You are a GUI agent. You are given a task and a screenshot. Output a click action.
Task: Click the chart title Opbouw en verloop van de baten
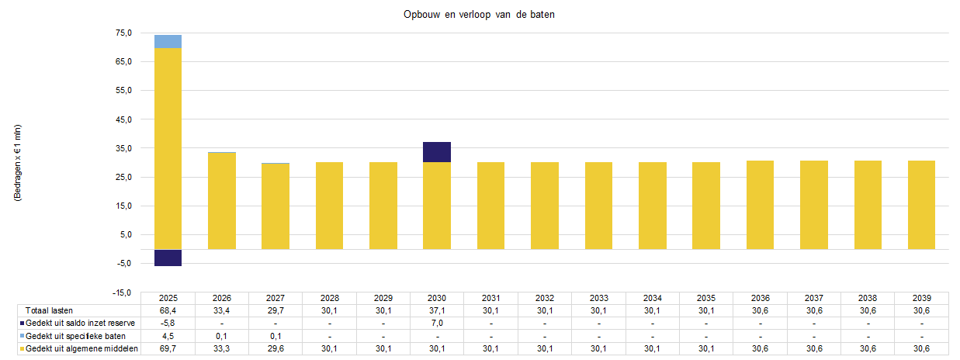(x=480, y=15)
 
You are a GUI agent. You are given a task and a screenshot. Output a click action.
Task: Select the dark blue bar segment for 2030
(x=437, y=152)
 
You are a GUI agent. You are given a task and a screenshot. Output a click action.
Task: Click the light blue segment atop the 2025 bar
(x=168, y=41)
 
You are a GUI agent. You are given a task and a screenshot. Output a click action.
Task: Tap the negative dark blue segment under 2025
(x=168, y=258)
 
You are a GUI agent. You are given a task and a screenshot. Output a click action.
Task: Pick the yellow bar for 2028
(x=329, y=206)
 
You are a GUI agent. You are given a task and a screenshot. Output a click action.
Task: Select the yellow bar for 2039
(x=921, y=205)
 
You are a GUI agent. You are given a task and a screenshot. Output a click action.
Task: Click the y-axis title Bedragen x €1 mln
(x=18, y=163)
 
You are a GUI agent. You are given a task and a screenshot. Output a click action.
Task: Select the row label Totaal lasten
(x=50, y=310)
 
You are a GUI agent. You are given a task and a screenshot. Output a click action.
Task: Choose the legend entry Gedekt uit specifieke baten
(x=76, y=336)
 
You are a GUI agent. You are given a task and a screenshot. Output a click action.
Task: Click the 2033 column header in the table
(x=598, y=298)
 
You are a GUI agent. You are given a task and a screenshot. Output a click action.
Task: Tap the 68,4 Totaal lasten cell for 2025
(x=168, y=310)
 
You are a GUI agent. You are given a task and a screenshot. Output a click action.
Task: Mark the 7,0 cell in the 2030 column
(x=437, y=323)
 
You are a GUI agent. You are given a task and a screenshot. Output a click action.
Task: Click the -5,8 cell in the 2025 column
(x=168, y=323)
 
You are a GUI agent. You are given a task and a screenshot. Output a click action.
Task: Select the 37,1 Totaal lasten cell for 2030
(x=437, y=310)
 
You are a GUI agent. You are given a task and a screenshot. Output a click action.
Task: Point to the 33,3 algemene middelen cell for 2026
(x=222, y=349)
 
